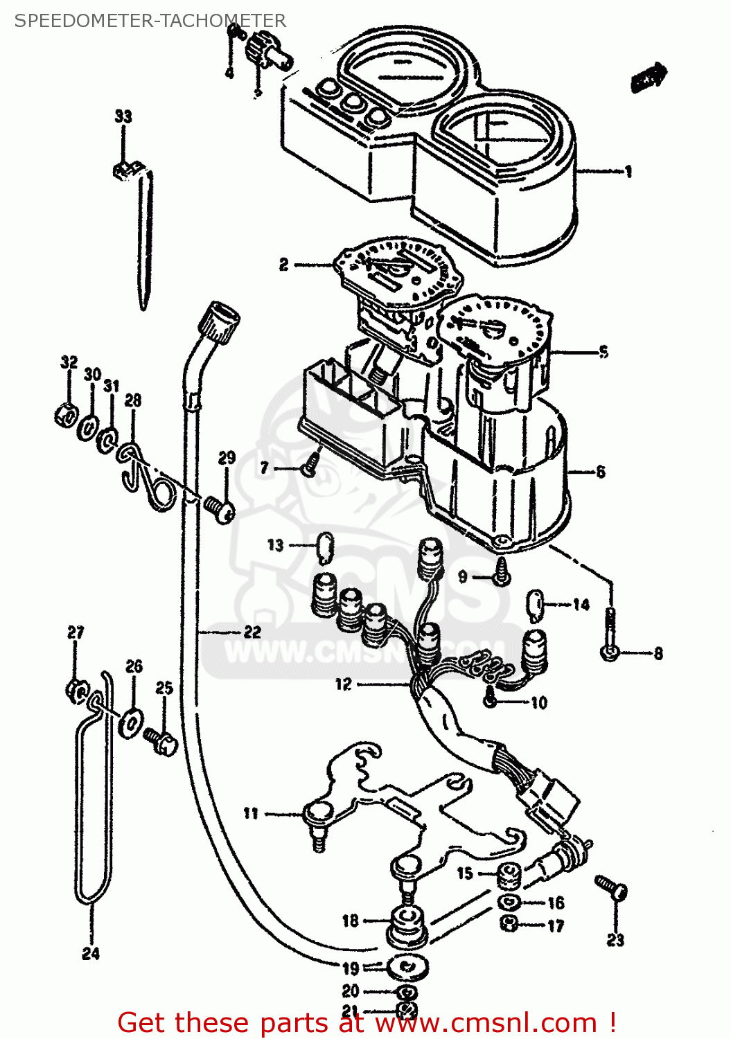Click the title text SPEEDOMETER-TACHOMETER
[x=150, y=21]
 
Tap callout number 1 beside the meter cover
[x=628, y=172]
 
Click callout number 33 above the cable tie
[x=123, y=116]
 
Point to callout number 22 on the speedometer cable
[x=252, y=632]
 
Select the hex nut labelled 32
[x=65, y=415]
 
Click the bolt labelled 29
[x=221, y=510]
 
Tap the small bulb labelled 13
[x=325, y=547]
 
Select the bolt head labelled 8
[x=610, y=652]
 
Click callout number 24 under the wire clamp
[x=91, y=954]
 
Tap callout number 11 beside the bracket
[x=251, y=813]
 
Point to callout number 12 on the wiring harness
[x=343, y=684]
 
